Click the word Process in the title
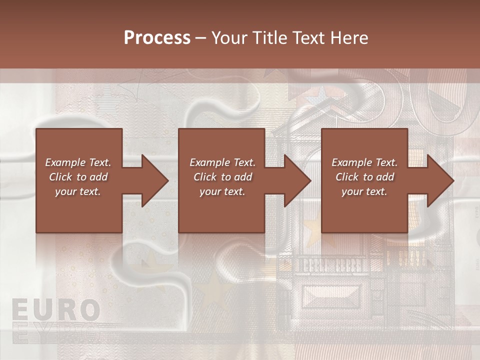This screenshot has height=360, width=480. (157, 38)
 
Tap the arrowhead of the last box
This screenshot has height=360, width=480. (439, 180)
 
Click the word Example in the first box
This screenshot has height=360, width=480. (66, 162)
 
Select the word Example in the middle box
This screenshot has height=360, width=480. (210, 162)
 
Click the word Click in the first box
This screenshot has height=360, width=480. (60, 177)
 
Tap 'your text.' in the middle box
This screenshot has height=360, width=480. (222, 191)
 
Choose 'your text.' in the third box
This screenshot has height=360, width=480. (364, 191)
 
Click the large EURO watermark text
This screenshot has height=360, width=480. (55, 310)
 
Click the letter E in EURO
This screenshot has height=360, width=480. (20, 310)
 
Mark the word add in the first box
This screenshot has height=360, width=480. (98, 177)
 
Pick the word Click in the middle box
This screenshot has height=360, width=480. (205, 177)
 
